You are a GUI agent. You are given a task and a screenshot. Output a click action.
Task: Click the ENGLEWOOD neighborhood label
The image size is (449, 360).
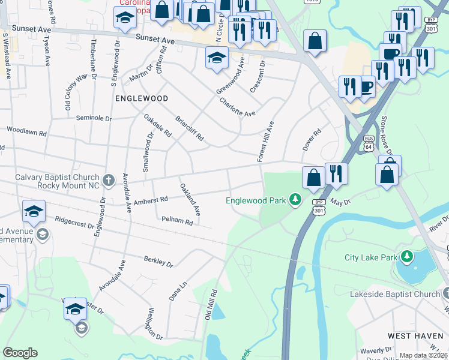(x=142, y=97)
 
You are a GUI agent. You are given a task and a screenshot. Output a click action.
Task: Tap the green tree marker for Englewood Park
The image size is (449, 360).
(x=295, y=199)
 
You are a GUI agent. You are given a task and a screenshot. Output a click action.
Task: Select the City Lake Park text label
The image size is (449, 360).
(x=371, y=257)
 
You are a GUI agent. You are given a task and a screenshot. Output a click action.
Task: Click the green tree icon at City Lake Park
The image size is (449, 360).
(x=407, y=257)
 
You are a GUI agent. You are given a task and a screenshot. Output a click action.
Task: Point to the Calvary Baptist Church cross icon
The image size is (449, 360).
(x=109, y=179)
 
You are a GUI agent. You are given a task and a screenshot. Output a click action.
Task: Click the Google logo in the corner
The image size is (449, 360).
(x=20, y=353)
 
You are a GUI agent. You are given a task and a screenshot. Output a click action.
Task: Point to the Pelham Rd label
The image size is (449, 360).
(x=176, y=221)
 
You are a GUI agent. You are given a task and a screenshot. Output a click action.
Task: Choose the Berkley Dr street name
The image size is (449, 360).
(x=158, y=262)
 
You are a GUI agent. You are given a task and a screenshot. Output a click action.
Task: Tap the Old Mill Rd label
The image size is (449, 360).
(x=210, y=304)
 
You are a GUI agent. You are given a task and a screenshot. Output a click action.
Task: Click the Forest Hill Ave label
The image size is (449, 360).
(x=265, y=141)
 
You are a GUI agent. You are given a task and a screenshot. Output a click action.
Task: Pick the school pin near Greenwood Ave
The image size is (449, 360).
(x=217, y=59)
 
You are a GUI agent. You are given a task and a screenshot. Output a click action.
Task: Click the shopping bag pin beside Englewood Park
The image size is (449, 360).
(x=313, y=178)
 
